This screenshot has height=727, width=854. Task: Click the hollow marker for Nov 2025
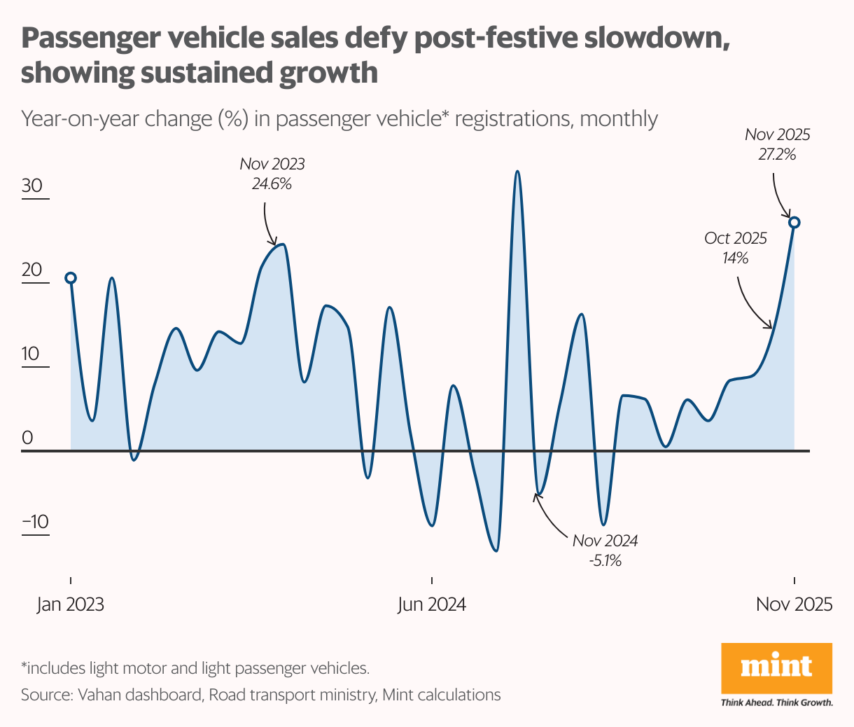[x=794, y=222]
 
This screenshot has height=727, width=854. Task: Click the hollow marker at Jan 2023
[x=71, y=278]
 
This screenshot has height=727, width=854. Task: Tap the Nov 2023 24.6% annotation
[x=272, y=174]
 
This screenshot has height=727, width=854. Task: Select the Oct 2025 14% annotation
[x=736, y=248]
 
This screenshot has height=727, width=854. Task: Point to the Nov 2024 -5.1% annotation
[x=605, y=551]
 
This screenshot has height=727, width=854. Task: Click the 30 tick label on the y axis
[x=32, y=186]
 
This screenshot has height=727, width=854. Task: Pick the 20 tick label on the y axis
[x=32, y=270]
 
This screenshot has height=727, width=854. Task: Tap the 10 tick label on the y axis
[x=32, y=354]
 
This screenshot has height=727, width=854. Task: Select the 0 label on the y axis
[x=28, y=438]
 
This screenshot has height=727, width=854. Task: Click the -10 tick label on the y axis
[x=35, y=522]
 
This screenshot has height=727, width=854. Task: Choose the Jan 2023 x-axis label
[x=71, y=604]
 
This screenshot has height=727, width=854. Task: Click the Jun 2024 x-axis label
[x=432, y=604]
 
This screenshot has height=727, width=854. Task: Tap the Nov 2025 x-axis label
[x=794, y=604]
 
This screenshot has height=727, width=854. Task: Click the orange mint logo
[x=776, y=668]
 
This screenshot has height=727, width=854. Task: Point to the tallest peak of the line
[x=517, y=171]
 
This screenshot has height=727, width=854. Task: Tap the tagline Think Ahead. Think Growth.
[x=776, y=702]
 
